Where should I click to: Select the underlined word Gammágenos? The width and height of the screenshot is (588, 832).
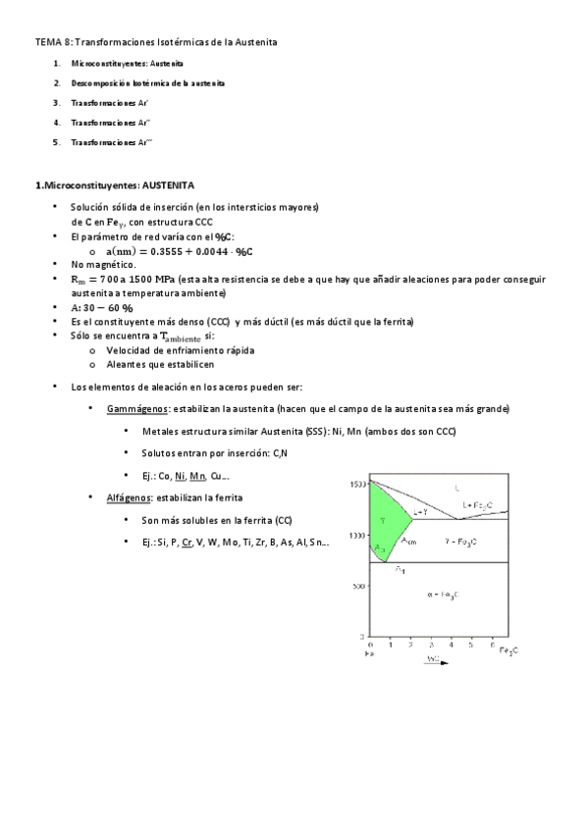pos(136,408)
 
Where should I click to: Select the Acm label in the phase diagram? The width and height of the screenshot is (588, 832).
pos(410,542)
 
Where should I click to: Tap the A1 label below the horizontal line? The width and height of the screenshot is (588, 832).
pos(401,569)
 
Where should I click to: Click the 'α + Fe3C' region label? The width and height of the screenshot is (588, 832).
pos(446,595)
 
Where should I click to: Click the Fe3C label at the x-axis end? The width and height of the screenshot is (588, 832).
pos(508,651)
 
